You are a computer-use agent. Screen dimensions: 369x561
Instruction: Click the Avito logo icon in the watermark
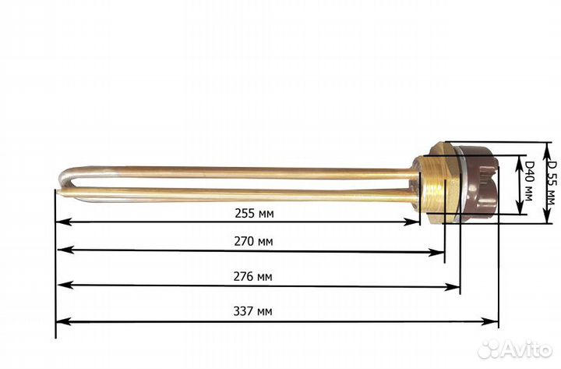click(x=490, y=349)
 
